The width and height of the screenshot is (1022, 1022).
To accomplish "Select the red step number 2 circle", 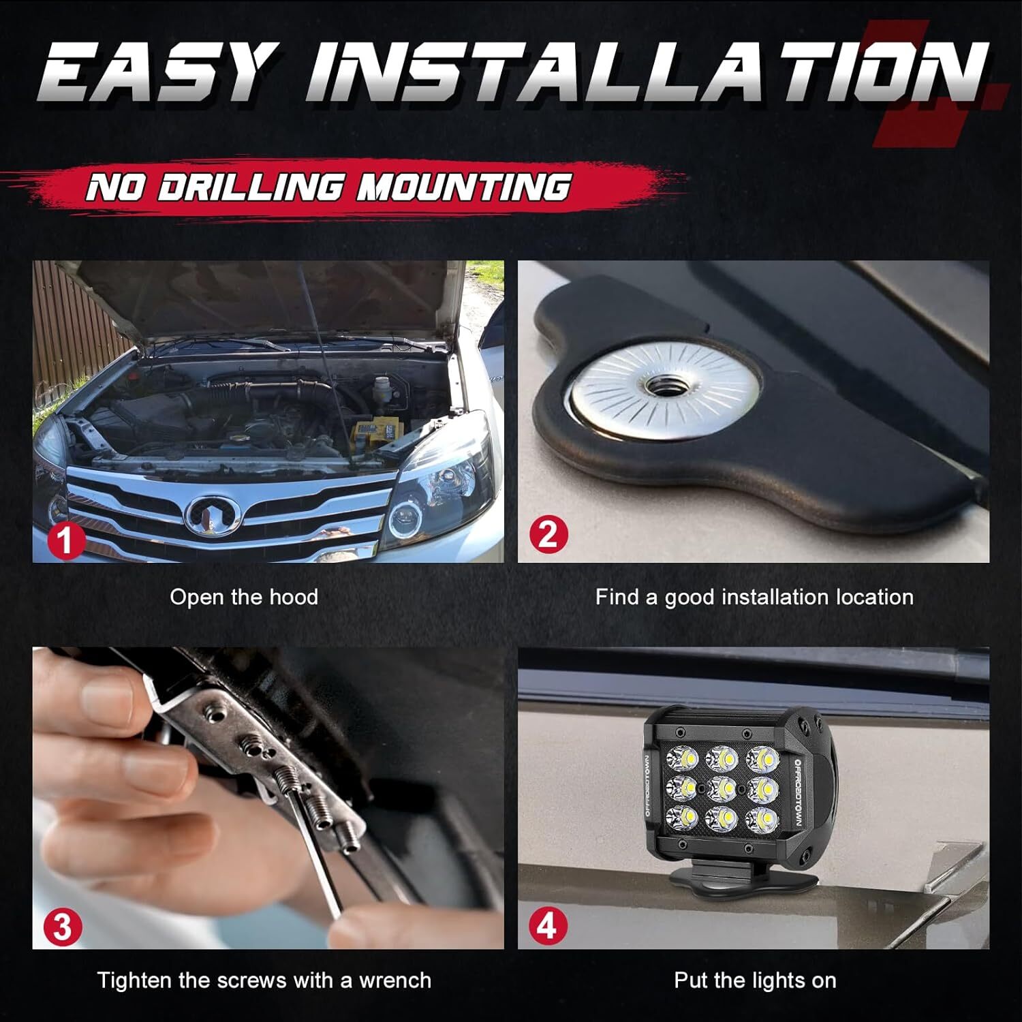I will (x=548, y=535).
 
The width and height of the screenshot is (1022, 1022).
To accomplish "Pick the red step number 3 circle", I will (x=63, y=927).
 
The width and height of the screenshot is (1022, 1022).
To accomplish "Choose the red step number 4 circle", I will (x=548, y=927).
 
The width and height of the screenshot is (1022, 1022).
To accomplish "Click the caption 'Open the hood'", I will (x=244, y=598).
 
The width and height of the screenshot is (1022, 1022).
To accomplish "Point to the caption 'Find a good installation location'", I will (x=754, y=598).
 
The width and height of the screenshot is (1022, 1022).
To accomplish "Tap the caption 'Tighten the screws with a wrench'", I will (x=264, y=980).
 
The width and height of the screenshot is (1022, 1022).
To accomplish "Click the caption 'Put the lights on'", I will (x=755, y=980).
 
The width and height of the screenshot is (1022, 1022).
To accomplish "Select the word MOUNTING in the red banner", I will (x=463, y=186).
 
